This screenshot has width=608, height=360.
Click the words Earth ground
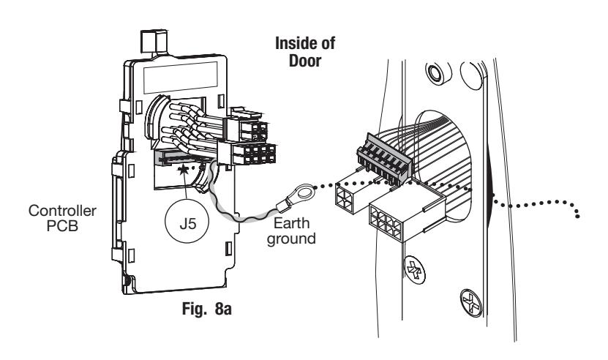click(x=291, y=231)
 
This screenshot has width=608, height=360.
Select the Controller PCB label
click(x=62, y=218)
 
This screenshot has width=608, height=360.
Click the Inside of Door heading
click(x=305, y=52)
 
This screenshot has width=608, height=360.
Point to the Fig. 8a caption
click(x=206, y=309)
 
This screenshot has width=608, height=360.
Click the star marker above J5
click(x=182, y=170)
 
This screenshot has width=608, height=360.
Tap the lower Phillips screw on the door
click(x=471, y=303)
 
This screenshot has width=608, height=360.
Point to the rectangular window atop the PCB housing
click(x=180, y=78)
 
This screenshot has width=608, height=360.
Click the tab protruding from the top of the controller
click(x=154, y=42)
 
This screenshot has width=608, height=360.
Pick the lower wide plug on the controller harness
click(x=248, y=153)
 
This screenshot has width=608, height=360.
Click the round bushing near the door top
click(x=438, y=72)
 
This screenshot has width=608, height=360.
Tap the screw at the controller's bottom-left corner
click(x=126, y=280)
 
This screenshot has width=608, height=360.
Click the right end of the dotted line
click(x=577, y=216)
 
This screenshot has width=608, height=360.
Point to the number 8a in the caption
click(x=223, y=310)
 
